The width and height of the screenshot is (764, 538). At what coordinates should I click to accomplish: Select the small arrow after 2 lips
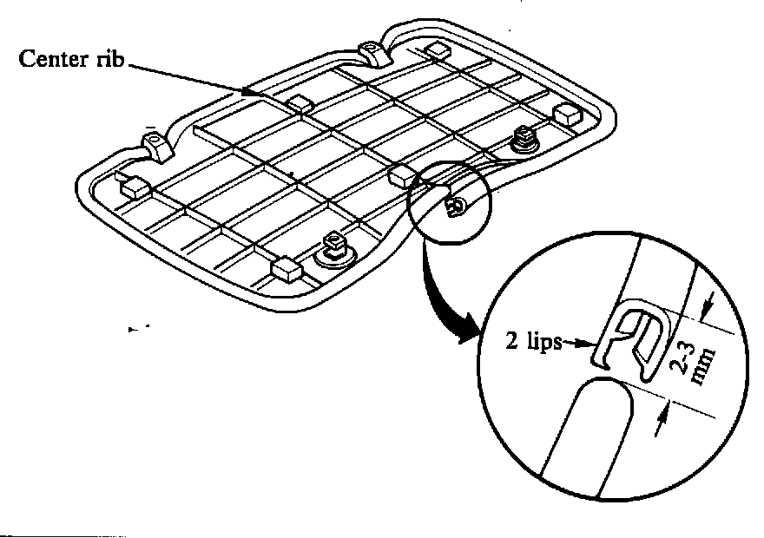click(578, 344)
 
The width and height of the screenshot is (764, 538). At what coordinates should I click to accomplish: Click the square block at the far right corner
click(567, 112)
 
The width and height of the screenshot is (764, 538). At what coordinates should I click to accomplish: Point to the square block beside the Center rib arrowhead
click(300, 104)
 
